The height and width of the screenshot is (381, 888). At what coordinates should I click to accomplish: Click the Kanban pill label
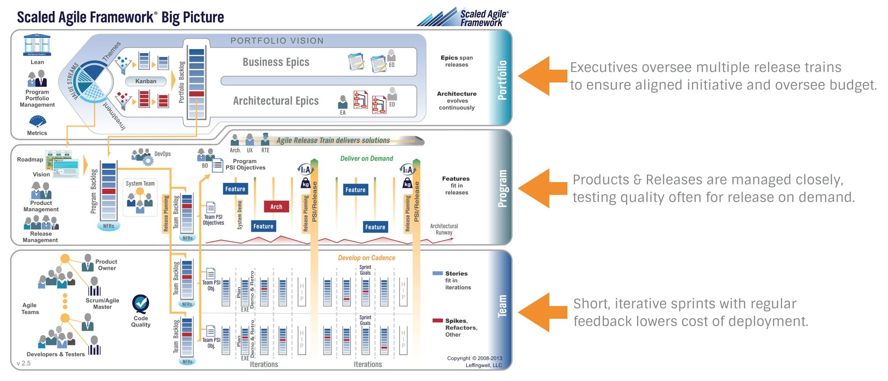[x=146, y=81]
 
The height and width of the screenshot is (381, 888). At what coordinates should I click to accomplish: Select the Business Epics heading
[x=276, y=62]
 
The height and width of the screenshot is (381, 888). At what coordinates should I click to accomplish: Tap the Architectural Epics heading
[x=276, y=101]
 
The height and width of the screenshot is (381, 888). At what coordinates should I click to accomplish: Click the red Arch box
[x=276, y=207]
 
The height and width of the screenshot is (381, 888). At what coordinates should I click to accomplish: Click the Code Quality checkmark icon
[x=141, y=303]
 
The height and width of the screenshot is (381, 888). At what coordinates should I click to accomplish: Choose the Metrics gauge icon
[x=37, y=121]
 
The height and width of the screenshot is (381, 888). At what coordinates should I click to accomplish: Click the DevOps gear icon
[x=148, y=160]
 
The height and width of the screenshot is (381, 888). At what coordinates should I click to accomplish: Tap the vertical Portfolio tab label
[x=502, y=80]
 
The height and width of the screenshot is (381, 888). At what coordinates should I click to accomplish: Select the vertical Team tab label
[x=502, y=306]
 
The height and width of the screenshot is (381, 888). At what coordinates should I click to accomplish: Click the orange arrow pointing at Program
[x=542, y=188]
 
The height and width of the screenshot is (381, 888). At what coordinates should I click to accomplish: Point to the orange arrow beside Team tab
[x=542, y=312]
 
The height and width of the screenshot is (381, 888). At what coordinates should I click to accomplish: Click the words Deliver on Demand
[x=366, y=159]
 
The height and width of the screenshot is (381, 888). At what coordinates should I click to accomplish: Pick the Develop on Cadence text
[x=366, y=258]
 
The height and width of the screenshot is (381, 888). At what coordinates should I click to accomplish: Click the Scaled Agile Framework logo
[x=463, y=18]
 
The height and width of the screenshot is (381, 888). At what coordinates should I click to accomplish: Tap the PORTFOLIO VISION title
[x=277, y=41]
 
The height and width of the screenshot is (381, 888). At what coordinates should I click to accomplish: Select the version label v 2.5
[x=24, y=363]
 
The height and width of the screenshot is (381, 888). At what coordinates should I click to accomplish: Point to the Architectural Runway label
[x=444, y=229]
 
